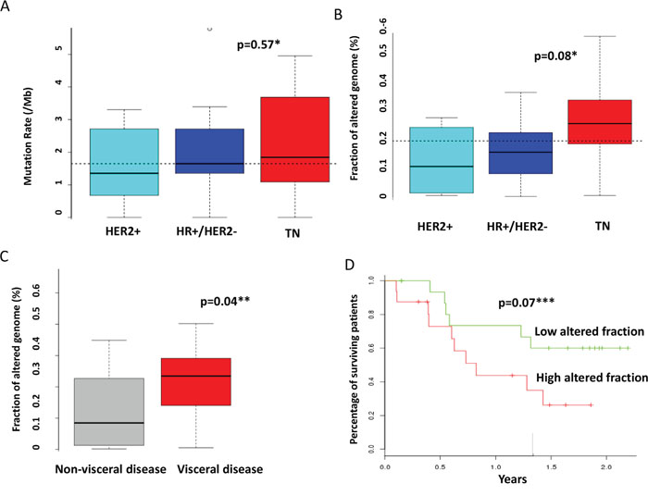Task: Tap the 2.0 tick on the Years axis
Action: [604, 466]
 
